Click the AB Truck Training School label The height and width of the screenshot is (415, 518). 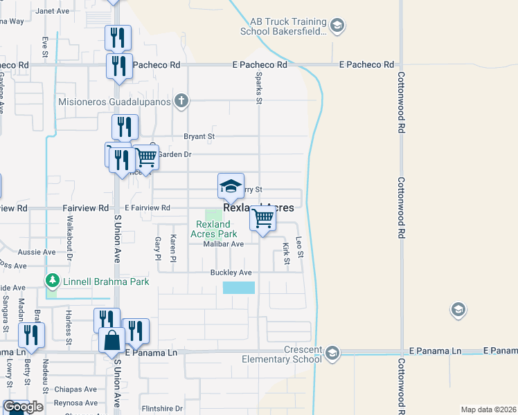[283, 26]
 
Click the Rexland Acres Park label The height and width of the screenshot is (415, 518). [213, 229]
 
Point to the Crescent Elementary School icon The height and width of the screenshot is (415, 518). [333, 352]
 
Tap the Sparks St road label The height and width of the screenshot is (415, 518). [259, 88]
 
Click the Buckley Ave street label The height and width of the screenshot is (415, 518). [231, 273]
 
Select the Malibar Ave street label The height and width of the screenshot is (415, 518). [223, 244]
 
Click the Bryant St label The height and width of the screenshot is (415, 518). [199, 137]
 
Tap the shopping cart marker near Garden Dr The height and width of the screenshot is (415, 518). [145, 158]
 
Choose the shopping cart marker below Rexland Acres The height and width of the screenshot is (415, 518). [262, 219]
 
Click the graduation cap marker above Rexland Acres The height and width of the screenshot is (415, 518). [231, 185]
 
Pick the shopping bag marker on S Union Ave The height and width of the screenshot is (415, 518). [112, 340]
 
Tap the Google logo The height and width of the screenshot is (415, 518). [23, 407]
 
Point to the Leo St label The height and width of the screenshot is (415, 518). [300, 246]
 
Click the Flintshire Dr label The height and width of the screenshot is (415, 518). [161, 408]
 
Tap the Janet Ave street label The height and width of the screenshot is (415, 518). [53, 11]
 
